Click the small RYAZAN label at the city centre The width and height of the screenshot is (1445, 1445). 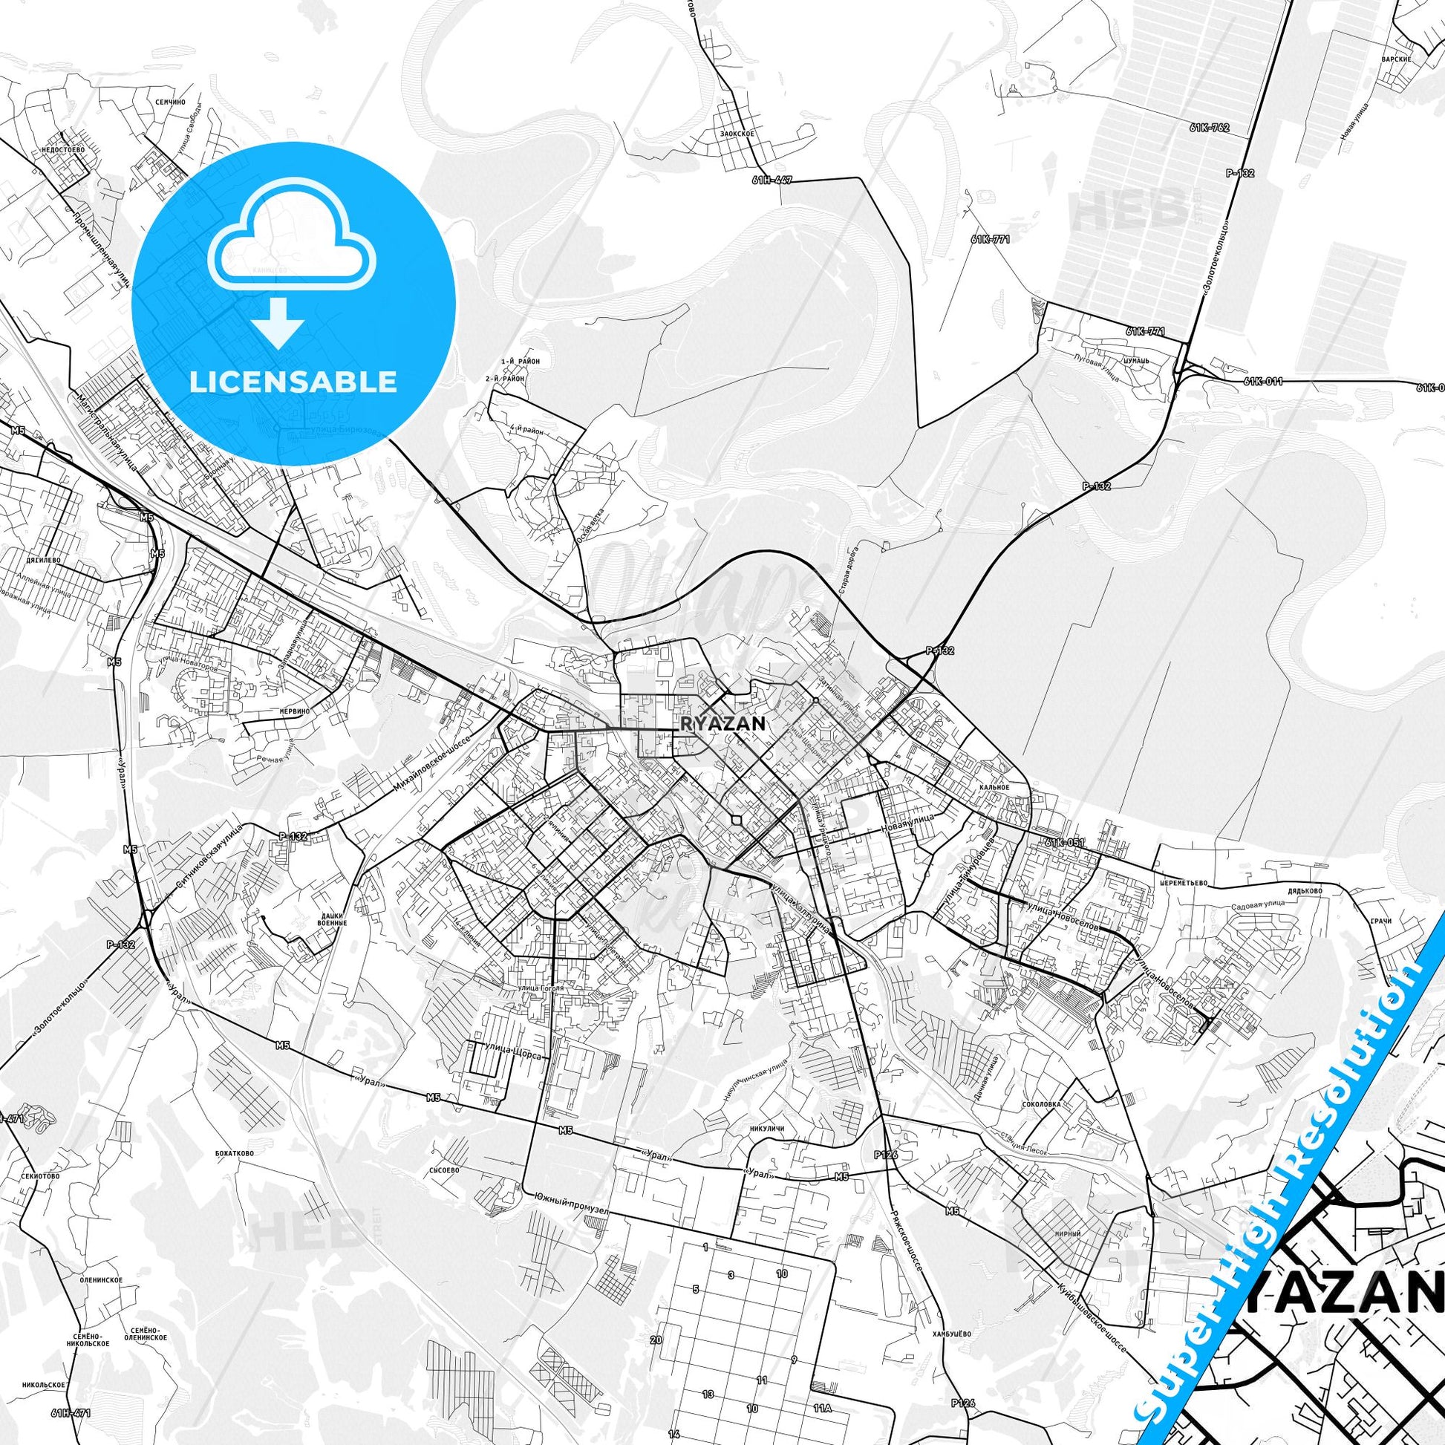click(722, 724)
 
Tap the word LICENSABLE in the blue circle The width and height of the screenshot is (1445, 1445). click(293, 382)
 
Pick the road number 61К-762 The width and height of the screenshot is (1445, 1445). click(1209, 128)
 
